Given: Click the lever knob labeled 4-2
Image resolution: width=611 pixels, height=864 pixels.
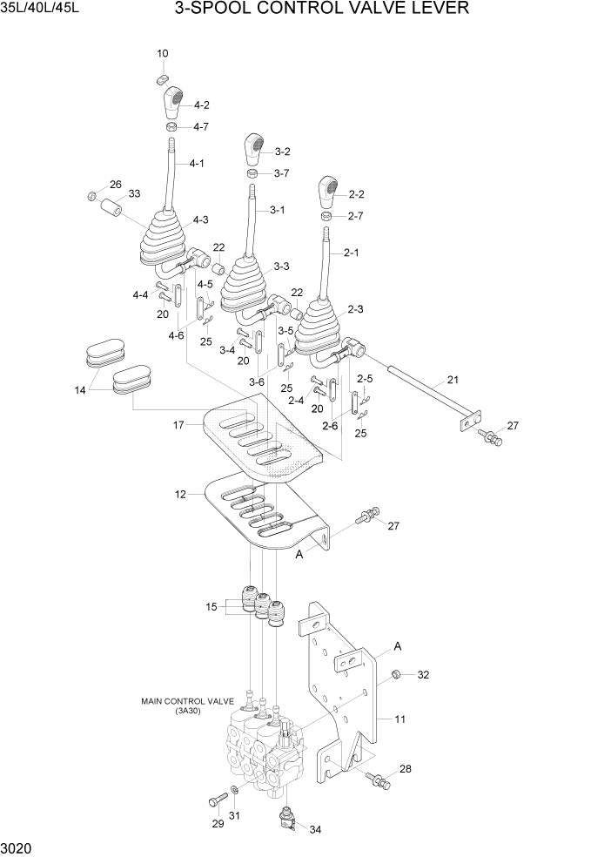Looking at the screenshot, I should click(173, 101).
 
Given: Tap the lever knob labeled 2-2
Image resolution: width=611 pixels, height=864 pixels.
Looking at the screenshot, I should click(328, 191).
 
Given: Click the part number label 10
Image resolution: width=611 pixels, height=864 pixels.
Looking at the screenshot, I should click(163, 54).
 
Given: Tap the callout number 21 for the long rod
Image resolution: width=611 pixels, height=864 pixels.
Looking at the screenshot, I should click(452, 380).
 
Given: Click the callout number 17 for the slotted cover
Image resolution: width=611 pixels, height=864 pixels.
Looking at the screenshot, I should click(178, 425).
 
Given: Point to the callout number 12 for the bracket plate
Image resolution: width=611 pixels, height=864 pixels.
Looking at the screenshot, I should click(181, 495).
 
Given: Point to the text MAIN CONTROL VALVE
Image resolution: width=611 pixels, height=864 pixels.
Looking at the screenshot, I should click(186, 700).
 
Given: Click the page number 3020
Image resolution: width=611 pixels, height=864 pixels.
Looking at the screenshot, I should click(18, 847).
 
